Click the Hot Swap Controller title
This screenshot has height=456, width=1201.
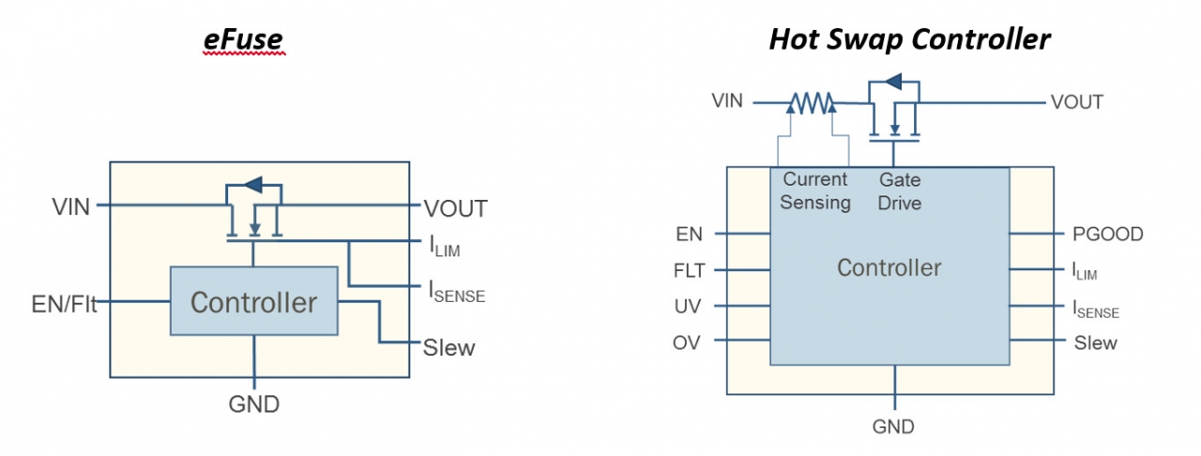click(x=909, y=39)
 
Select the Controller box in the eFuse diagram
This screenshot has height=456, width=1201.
click(x=253, y=301)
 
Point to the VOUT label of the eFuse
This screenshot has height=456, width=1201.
click(x=455, y=208)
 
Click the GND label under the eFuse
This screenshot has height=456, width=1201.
click(x=253, y=405)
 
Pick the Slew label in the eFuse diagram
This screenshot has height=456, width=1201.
click(x=449, y=348)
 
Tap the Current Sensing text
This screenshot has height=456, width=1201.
click(x=815, y=190)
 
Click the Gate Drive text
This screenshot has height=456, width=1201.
click(x=900, y=190)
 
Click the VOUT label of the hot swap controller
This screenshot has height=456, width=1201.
click(x=1076, y=102)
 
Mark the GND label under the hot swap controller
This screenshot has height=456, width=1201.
click(x=893, y=427)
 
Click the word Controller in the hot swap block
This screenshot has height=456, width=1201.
click(x=889, y=268)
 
